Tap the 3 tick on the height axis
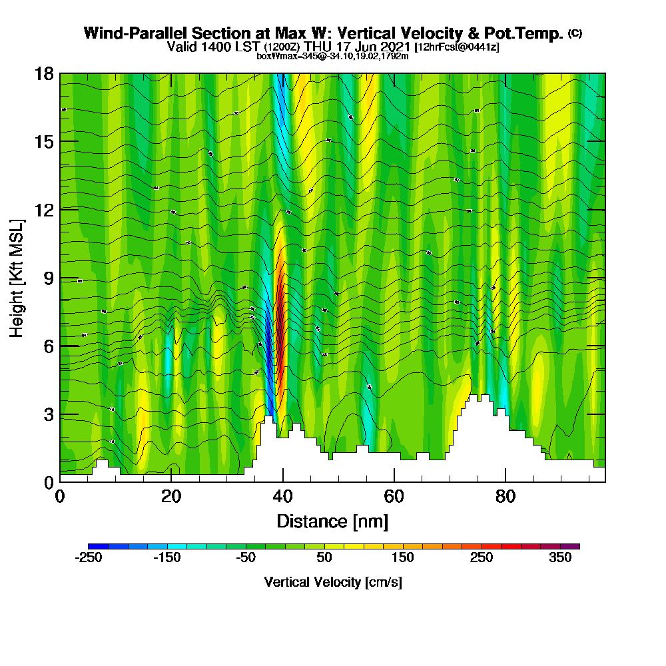(48, 414)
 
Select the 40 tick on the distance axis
(283, 496)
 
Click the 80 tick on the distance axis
(506, 496)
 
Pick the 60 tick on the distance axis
(394, 496)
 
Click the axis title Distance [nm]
(332, 520)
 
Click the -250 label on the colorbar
(89, 558)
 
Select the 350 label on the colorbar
(560, 558)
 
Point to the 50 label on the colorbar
(324, 558)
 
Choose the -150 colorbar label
(167, 558)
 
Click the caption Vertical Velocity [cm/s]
(332, 582)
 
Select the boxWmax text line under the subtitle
(332, 56)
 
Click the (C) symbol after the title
(575, 33)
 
